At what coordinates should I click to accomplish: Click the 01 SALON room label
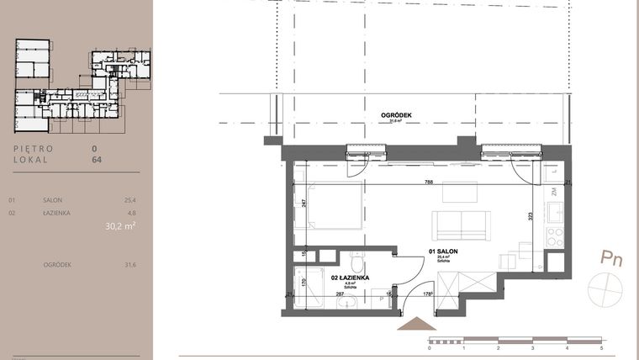click(x=442, y=251)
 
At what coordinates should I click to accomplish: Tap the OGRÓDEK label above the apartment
click(x=395, y=114)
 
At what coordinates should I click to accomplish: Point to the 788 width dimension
click(x=429, y=182)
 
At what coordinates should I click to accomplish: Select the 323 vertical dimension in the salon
click(x=530, y=216)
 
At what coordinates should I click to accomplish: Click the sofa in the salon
click(x=459, y=225)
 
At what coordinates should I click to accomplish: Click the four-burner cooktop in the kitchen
click(x=555, y=236)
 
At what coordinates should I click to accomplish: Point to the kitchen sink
click(x=555, y=212)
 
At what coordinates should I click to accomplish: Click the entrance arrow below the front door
click(x=412, y=323)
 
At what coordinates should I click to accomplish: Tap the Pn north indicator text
click(x=611, y=258)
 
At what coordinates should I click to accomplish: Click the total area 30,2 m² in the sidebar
click(x=120, y=226)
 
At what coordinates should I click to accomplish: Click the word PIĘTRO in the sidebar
click(x=34, y=148)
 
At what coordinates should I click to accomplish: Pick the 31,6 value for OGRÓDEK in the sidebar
click(x=129, y=265)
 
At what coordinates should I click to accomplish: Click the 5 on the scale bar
click(x=601, y=347)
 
